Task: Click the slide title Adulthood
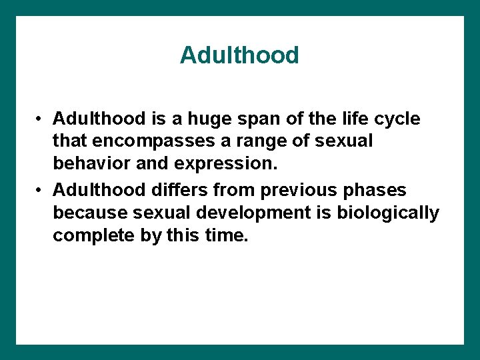239,55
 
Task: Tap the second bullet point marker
41,191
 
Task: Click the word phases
374,191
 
